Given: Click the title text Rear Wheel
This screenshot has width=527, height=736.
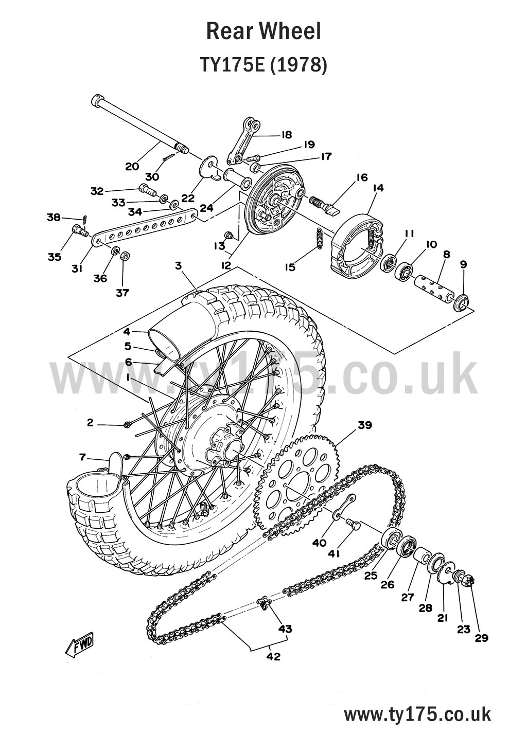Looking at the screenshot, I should point(263,31).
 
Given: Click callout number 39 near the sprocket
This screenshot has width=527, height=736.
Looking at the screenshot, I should point(364,425).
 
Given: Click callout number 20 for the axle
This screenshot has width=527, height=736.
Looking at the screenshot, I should point(132,166).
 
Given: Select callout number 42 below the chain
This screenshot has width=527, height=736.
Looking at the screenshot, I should point(273,656).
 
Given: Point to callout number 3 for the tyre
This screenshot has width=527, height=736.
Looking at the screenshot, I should point(178,266).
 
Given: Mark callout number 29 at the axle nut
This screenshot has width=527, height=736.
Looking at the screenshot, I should point(481,638).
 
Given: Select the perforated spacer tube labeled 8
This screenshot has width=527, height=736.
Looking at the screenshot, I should point(432,286).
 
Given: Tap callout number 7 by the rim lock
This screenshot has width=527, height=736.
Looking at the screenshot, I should point(82,457).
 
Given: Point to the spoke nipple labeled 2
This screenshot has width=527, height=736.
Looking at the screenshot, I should point(127,424).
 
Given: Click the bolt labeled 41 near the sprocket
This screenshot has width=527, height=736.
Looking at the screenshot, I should point(353,523).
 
